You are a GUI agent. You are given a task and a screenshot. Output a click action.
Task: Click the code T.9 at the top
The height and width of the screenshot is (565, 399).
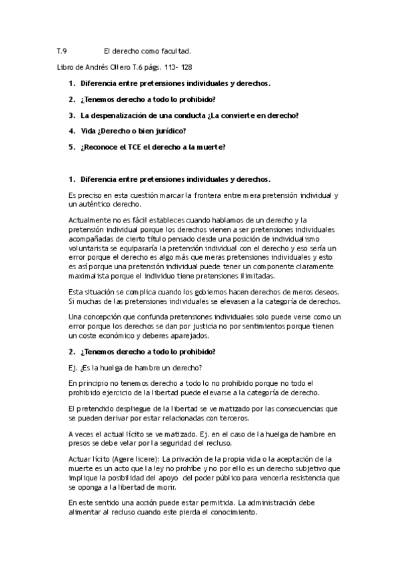[x=62, y=51]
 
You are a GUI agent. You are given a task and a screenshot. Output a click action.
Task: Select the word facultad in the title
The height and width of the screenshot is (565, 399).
[x=175, y=51]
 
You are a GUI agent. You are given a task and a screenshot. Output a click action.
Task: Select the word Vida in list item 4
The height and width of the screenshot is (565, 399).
[x=88, y=131]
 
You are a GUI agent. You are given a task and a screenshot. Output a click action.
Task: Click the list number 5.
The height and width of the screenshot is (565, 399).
[x=71, y=147]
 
